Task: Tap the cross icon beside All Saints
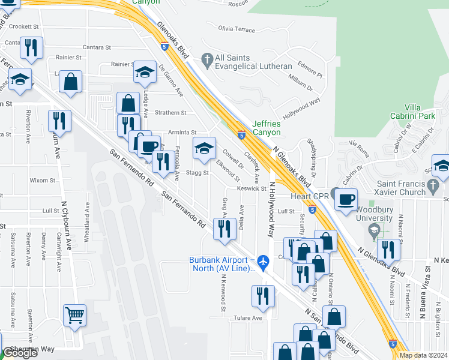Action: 208,60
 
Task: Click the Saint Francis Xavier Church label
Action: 409,188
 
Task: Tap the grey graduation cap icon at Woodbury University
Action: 374,230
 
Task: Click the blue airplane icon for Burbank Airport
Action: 262,262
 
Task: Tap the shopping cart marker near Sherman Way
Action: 74,315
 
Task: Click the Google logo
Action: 20,353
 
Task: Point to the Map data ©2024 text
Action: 423,355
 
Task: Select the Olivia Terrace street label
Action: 237,29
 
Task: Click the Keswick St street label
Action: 252,188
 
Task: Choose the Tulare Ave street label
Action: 248,318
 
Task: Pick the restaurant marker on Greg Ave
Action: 224,230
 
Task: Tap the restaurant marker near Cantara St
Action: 31,47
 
